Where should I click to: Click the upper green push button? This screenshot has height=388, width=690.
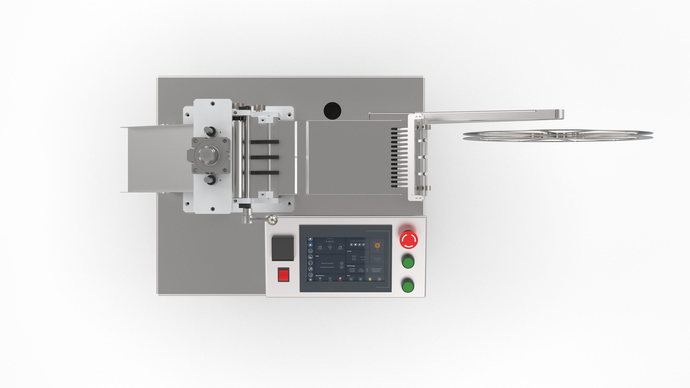click(x=408, y=262)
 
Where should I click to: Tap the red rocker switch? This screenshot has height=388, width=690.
click(x=284, y=275)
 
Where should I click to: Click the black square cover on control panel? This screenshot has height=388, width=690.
click(x=283, y=248)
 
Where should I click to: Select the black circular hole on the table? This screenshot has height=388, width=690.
click(x=332, y=111)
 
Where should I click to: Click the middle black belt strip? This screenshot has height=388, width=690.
click(x=264, y=157)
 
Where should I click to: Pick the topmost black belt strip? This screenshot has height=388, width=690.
click(x=264, y=142)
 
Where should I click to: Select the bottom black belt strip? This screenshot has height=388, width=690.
click(x=264, y=173)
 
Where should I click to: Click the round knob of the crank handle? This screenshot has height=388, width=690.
click(x=272, y=219)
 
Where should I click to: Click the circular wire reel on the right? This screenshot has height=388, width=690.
click(x=557, y=135)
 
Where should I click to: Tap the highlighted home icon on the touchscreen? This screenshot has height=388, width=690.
click(x=310, y=245)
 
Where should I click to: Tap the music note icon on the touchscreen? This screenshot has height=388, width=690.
click(x=310, y=269)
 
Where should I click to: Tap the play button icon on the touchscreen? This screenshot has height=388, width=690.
click(x=351, y=245)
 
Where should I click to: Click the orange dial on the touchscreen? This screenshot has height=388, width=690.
click(x=377, y=245)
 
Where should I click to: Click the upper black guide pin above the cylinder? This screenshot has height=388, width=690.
click(x=209, y=130)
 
